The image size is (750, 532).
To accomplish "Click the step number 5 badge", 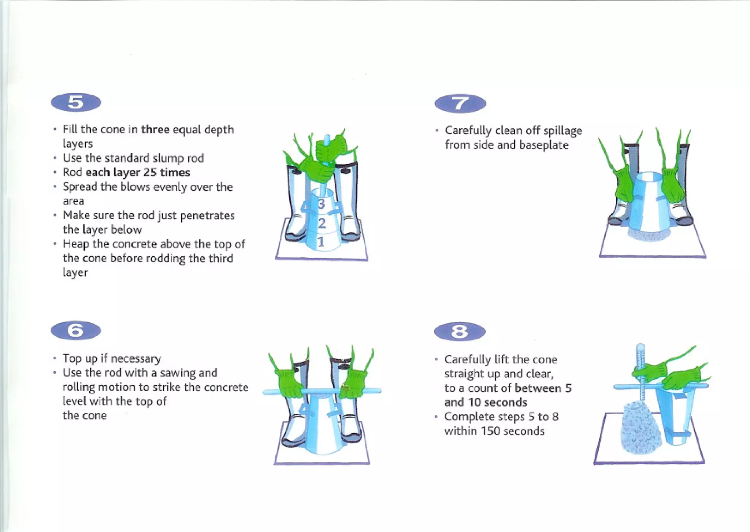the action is pyautogui.click(x=76, y=102).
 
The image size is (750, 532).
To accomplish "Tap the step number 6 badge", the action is pyautogui.click(x=76, y=330).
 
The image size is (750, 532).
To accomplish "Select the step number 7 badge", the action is pyautogui.click(x=460, y=103).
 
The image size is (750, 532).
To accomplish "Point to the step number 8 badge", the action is pyautogui.click(x=460, y=332).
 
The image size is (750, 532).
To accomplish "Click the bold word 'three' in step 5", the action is pyautogui.click(x=155, y=129).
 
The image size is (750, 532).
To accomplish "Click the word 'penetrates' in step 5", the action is pyautogui.click(x=207, y=216).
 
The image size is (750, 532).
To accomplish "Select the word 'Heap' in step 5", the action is pyautogui.click(x=76, y=244).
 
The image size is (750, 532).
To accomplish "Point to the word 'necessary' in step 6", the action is pyautogui.click(x=136, y=359).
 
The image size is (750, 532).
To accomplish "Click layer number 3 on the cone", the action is pyautogui.click(x=322, y=204).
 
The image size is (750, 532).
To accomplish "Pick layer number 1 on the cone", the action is pyautogui.click(x=321, y=242).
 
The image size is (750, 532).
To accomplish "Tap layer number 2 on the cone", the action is pyautogui.click(x=322, y=223).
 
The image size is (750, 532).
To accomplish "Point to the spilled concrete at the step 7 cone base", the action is pyautogui.click(x=650, y=235).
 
